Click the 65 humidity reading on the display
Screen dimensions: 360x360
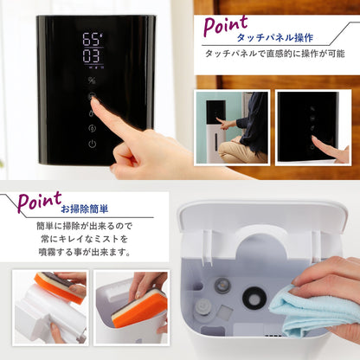coord(93,39)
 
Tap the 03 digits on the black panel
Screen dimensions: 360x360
coord(92,56)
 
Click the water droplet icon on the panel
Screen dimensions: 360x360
coord(92,112)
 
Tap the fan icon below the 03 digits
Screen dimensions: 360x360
coord(92,80)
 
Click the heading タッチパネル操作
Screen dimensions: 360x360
coord(274,37)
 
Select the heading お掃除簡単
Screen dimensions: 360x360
coord(84,209)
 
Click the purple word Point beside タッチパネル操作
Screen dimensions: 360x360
coord(226,25)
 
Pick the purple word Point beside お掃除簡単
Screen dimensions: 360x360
coord(40,202)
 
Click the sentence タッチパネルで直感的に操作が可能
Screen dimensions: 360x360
coord(275,54)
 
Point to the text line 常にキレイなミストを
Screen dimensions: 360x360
coord(84,239)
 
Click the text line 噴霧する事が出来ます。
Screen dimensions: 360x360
coord(84,252)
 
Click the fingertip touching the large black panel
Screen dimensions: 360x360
coord(94,101)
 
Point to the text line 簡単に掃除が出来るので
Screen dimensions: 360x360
coord(84,226)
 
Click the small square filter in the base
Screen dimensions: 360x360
coord(225,312)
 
